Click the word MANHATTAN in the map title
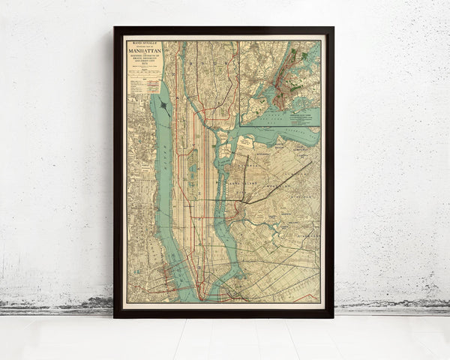point(144,52)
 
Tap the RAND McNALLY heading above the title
point(144,43)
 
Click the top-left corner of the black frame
point(115,28)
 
